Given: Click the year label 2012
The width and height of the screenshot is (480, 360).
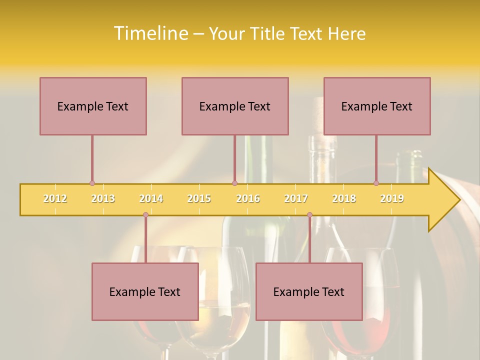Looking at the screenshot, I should (55, 198).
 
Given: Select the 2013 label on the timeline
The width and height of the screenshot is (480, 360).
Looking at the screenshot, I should (103, 198).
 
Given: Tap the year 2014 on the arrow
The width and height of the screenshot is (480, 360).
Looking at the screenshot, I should (151, 198).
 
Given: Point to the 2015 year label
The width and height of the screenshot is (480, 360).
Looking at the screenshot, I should (199, 198).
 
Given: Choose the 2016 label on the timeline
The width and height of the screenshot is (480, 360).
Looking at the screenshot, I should (248, 198).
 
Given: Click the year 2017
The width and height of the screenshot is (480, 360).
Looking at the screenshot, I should (296, 198).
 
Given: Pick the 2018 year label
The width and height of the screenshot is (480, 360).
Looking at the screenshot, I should (344, 198).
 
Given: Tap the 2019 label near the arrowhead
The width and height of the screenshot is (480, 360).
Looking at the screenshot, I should (392, 198).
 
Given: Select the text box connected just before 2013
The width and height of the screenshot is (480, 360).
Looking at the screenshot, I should (93, 106).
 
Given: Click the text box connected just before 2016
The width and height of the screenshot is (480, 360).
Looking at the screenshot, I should (235, 106).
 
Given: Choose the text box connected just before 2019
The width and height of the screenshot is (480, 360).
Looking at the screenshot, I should (377, 106).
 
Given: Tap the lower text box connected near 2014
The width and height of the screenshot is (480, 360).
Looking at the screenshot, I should (145, 291).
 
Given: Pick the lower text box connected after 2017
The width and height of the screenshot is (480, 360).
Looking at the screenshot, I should (309, 291).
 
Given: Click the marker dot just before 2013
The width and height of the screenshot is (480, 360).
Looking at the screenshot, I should (92, 183).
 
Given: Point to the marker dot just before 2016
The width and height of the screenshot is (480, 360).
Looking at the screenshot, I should (234, 183).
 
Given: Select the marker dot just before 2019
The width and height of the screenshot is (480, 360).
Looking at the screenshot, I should (376, 183).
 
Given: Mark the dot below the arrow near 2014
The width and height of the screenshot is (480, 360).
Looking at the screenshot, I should (145, 215).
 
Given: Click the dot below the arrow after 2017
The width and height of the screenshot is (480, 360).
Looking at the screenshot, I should (309, 215).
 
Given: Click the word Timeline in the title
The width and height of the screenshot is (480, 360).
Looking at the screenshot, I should (150, 33).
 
